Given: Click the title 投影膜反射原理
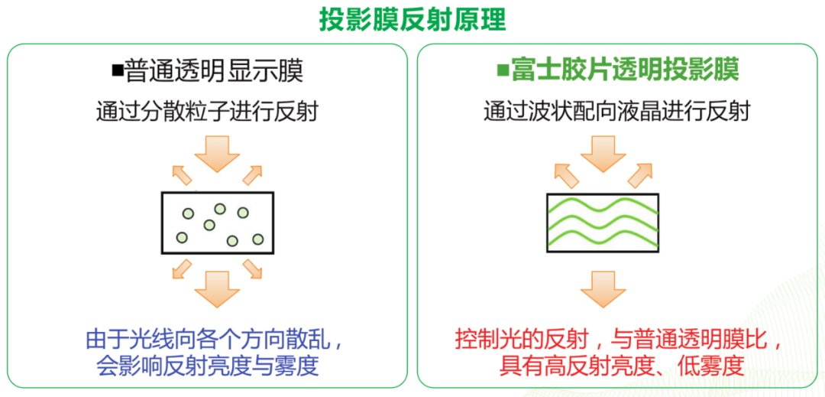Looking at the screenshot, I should click(412, 20).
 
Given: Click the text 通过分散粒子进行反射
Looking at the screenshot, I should click(207, 111).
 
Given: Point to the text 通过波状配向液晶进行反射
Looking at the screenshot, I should click(617, 111).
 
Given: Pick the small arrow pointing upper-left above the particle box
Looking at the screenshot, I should click(181, 175).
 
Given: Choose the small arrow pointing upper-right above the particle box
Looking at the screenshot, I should click(253, 175).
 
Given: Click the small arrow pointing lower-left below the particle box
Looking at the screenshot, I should click(181, 268).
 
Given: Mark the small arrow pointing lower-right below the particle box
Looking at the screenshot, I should click(253, 268).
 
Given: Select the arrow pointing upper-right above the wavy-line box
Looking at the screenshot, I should click(642, 175).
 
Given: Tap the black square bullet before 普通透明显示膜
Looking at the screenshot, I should click(118, 71).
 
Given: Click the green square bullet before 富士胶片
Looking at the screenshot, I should click(503, 71).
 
